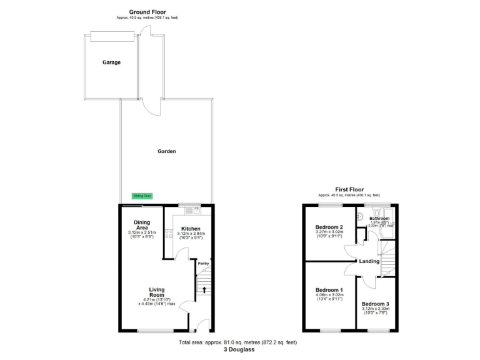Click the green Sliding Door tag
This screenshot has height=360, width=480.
(x=142, y=196)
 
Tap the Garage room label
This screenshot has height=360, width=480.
(x=112, y=62)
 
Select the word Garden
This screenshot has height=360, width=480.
(x=166, y=151)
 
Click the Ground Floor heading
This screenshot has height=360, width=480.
(x=147, y=11)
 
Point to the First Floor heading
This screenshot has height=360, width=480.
(x=349, y=189)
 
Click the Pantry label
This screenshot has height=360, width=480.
(x=203, y=263)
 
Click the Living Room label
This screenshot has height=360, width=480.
(x=156, y=293)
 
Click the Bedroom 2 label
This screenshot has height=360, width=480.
(x=329, y=227)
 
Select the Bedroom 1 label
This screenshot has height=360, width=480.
(x=329, y=290)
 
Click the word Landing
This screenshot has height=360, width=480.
(x=369, y=261)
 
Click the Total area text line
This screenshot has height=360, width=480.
(x=237, y=342)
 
